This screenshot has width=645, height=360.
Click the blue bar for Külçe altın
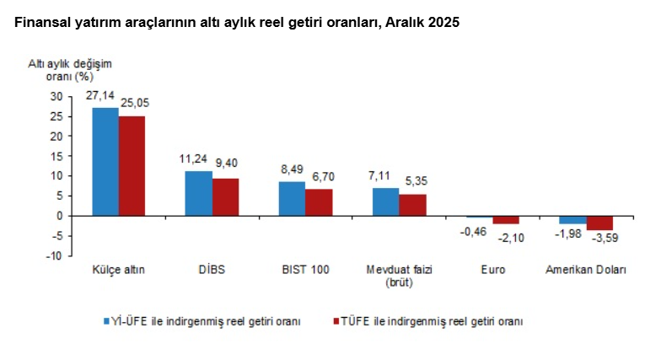(x=105, y=161)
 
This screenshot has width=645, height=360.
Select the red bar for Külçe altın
(x=132, y=165)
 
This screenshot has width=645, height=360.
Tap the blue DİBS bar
(x=199, y=193)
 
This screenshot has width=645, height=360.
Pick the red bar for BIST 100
(x=319, y=202)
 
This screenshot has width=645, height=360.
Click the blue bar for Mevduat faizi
(x=386, y=201)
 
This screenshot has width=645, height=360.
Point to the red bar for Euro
(x=506, y=219)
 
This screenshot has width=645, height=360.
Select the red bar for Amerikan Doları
(x=599, y=223)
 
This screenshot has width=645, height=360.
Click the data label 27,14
(x=103, y=97)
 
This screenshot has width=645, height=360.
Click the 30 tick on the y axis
(x=56, y=96)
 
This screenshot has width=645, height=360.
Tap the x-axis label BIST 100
(x=305, y=270)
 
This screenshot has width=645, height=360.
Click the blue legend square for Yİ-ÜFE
(x=107, y=321)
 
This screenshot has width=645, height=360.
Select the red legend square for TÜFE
(x=336, y=321)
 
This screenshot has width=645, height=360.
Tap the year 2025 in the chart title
(x=442, y=23)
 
